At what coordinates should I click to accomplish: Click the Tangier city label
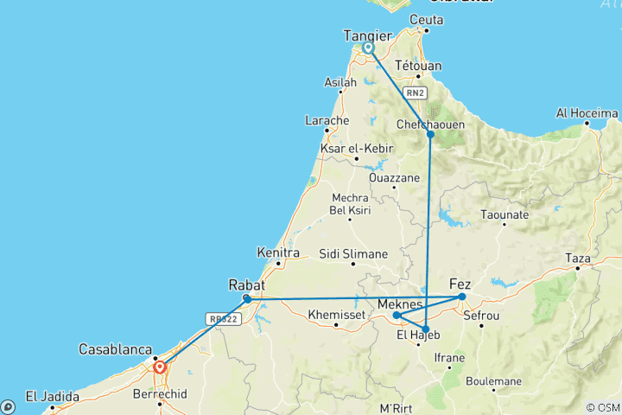pos(368,35)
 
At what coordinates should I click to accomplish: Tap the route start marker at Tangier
pos(369,48)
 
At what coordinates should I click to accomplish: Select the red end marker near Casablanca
pos(160,367)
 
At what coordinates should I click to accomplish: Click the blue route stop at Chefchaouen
pos(430,134)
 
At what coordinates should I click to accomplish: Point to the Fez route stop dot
pos(462,297)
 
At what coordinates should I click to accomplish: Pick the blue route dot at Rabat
pos(247,299)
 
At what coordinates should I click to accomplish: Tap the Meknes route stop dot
pos(397,316)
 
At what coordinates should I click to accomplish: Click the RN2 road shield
pos(416,93)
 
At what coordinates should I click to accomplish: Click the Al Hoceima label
pos(587,113)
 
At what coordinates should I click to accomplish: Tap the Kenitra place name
pos(278,253)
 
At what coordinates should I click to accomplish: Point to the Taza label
pos(577,259)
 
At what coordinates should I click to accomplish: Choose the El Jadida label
pos(52,398)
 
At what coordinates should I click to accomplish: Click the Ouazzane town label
pos(393,177)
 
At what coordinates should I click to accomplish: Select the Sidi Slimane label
pos(353,254)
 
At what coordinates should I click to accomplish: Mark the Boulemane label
pos(493,380)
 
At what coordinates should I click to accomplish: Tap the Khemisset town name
pos(337,314)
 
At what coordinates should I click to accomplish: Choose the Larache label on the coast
pos(327,120)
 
